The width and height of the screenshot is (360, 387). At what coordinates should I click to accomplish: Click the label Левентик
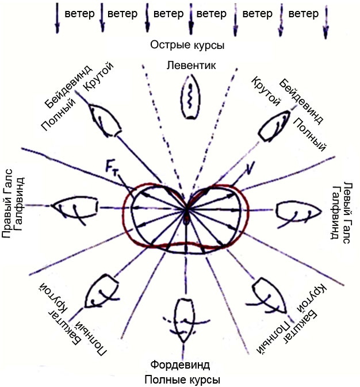point(191,66)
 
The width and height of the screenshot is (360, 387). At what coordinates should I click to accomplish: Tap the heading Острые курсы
point(187,45)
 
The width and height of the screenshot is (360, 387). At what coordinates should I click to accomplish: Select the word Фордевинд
point(180,365)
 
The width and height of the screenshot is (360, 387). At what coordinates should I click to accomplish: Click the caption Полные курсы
point(182,380)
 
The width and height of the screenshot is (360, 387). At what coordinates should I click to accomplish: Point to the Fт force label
point(112,167)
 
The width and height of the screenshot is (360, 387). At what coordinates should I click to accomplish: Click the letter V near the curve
point(250,167)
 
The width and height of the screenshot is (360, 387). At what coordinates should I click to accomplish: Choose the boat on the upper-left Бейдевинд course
point(105,120)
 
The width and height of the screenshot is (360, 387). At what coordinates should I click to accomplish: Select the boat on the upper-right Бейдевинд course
point(274,127)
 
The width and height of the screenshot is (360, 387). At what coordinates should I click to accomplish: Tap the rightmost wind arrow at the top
point(326,22)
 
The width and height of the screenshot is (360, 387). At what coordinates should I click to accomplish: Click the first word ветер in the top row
point(79,14)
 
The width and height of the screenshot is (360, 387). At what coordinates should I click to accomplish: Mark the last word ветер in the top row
point(304,14)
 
